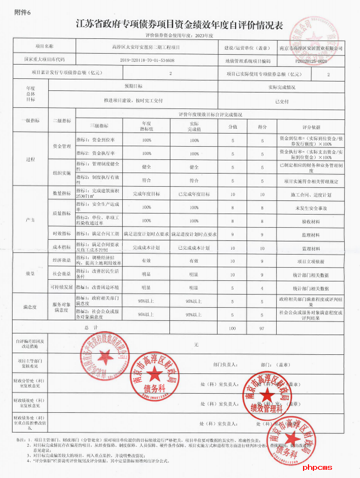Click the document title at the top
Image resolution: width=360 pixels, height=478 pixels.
(179, 25)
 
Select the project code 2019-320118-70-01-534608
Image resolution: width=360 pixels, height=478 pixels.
(146, 60)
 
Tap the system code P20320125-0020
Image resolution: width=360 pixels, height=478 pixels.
(310, 61)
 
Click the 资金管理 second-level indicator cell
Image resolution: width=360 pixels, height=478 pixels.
(61, 147)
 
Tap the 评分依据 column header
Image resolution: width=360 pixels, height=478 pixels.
(311, 125)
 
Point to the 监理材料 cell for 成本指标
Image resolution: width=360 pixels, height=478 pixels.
(311, 248)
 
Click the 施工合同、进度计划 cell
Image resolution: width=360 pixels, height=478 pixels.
(311, 194)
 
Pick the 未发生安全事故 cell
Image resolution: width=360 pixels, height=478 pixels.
(311, 208)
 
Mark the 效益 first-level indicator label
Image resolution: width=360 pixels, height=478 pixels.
(30, 273)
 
